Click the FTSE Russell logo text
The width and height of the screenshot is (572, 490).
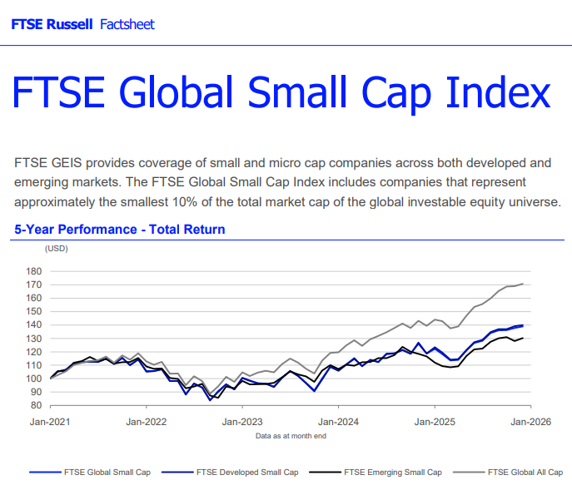[52, 24]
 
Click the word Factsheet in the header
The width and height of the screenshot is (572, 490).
[127, 24]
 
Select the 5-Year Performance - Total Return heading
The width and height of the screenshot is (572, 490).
[120, 229]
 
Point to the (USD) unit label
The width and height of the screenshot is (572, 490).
[56, 248]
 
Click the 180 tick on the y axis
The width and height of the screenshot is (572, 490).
[34, 271]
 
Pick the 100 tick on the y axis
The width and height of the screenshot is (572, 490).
[34, 379]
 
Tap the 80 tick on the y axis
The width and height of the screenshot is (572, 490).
[37, 405]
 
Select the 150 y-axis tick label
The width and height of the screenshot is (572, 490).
[34, 311]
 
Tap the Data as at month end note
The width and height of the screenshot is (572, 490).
[291, 435]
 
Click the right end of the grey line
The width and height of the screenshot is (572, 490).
[523, 284]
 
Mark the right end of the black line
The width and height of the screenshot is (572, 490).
[523, 338]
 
